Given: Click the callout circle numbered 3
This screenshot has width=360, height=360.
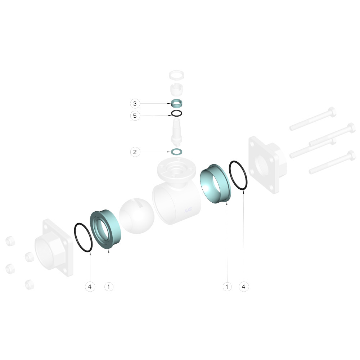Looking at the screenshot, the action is (135, 104).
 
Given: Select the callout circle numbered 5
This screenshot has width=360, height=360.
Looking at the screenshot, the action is (135, 116).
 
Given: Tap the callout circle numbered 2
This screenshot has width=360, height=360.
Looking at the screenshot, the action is (135, 152).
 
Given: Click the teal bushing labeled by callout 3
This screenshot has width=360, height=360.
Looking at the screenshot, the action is (176, 103).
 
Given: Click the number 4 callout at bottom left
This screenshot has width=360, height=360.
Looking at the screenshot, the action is (90, 287).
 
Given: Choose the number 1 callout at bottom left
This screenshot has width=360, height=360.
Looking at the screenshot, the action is (109, 287).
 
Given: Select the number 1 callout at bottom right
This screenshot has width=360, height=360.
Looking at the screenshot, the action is (227, 287).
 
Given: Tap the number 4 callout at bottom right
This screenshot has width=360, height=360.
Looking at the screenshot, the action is (244, 287).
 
